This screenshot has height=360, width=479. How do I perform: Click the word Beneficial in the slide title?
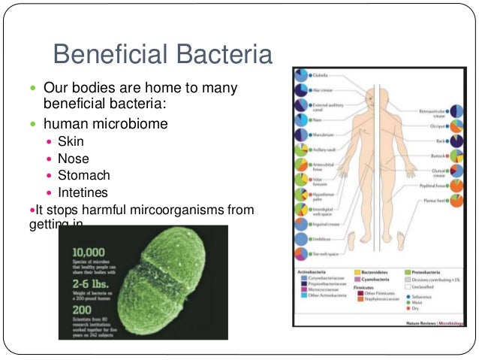coord(108,55)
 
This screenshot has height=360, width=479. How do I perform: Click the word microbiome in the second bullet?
coord(140,123)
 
